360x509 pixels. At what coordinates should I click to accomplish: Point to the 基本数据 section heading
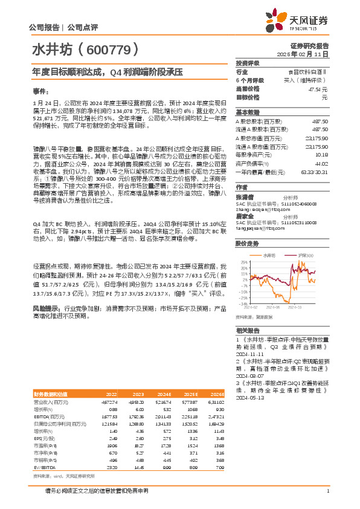pyautogui.click(x=247, y=112)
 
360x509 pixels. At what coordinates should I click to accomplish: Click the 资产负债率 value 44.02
pyautogui.click(x=321, y=163)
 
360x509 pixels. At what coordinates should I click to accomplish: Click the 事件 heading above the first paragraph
pyautogui.click(x=40, y=90)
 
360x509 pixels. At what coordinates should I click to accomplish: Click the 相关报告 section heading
pyautogui.click(x=247, y=331)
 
